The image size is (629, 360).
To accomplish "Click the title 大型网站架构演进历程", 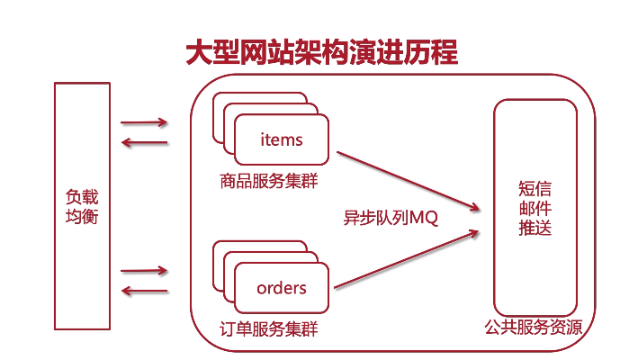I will coord(321,52).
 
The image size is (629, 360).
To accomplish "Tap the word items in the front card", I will coord(281,139).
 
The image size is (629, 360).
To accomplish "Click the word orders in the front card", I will coord(282,288).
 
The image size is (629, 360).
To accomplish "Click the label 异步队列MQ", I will coord(390,218).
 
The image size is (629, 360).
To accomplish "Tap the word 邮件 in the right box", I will coord(535,210).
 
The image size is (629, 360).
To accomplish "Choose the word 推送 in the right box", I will coord(535,229).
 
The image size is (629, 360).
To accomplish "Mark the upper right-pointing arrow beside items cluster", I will coord(144,121).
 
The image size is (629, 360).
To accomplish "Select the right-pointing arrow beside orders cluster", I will coord(144,270).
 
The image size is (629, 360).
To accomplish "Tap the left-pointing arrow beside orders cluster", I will coord(144,290).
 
